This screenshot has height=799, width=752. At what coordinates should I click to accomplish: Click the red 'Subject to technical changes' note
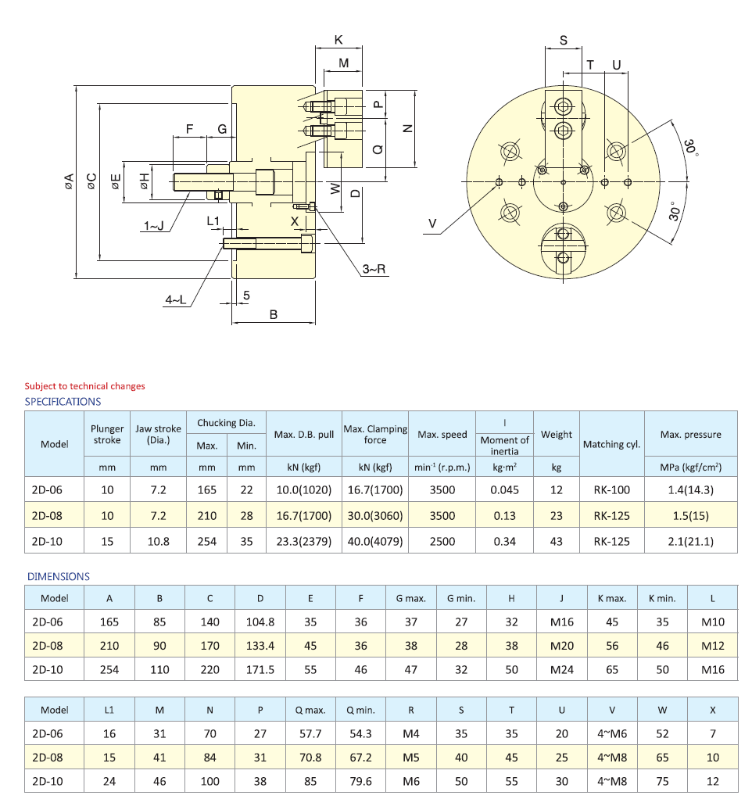84,385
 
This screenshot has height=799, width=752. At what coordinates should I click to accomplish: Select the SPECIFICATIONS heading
63,401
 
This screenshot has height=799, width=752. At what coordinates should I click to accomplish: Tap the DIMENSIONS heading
59,576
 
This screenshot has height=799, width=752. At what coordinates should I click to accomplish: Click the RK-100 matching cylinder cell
611,490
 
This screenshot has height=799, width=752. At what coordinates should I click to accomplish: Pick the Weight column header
556,434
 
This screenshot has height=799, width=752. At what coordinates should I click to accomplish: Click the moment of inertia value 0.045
504,490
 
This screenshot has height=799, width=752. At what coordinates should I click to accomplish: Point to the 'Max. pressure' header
690,434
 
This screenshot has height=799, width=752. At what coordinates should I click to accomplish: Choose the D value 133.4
260,646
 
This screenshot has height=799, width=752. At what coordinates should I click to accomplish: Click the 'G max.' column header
410,598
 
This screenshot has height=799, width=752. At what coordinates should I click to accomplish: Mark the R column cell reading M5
410,758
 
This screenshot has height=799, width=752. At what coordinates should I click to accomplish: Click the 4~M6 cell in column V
611,734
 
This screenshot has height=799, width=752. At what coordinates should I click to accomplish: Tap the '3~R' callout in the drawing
374,269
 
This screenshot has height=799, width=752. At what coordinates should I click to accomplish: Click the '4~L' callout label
176,299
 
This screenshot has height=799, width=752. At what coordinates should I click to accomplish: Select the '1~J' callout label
154,226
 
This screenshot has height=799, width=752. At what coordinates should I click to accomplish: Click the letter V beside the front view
432,224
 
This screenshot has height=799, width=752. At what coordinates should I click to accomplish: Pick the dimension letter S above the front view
564,41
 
